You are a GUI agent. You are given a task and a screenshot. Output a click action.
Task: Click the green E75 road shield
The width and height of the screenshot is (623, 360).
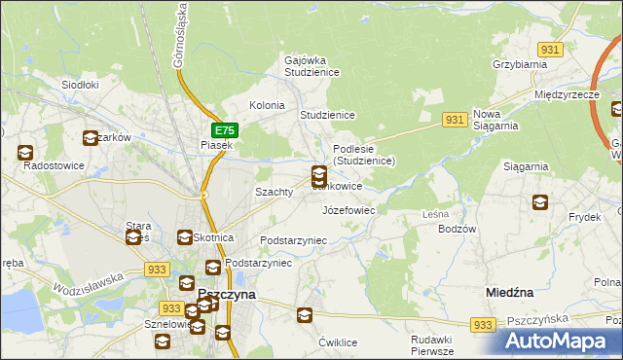point(223,129)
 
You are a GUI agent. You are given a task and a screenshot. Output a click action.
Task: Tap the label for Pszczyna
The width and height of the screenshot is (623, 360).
point(226,293)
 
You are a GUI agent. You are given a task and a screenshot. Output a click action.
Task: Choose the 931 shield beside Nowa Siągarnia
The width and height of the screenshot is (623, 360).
point(453,118)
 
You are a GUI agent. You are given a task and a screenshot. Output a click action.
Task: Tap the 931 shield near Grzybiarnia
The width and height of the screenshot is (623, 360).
point(552,49)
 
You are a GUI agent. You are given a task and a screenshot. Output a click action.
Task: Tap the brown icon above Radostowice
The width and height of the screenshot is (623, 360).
point(25,152)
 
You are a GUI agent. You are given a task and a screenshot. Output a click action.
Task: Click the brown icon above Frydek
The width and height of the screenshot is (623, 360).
point(539,202)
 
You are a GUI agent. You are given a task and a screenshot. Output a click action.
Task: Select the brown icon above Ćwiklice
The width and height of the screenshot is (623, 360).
point(305,314)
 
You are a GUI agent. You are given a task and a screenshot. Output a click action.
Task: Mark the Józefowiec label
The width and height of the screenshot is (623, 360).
point(348,209)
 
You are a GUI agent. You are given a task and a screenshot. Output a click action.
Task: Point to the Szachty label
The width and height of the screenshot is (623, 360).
point(274,192)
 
